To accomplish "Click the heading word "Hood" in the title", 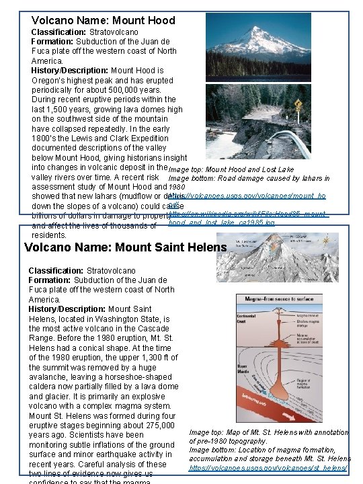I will (x=159, y=20).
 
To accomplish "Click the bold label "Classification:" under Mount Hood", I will (x=59, y=32).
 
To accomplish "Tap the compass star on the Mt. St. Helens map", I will (x=327, y=241).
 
